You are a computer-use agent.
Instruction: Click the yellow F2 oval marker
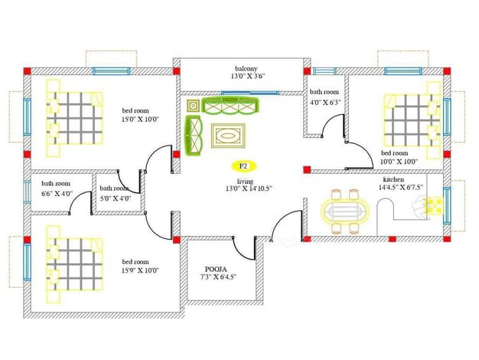coord(243,166)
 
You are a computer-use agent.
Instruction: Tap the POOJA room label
coord(216,270)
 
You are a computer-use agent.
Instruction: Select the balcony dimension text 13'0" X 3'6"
coord(247,76)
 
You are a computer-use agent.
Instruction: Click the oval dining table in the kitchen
coord(345,211)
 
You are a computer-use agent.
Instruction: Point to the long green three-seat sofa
coord(230,106)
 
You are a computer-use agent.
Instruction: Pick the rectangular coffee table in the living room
coord(228,136)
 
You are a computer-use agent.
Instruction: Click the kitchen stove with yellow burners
coord(435,205)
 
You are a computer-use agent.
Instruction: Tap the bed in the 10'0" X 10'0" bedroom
coord(412,120)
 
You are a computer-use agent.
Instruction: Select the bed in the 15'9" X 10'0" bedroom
coord(74,264)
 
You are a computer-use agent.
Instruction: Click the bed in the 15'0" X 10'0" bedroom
coord(74,119)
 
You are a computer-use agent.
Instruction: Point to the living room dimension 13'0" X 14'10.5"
coord(249,188)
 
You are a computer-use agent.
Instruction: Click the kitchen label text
coord(393,179)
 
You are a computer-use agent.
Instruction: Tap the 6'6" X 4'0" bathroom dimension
coord(57,194)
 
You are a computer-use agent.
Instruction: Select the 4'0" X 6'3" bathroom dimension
coord(325,102)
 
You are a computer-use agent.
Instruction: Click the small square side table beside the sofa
coord(193,106)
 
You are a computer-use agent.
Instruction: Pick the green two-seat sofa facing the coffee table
coord(194,135)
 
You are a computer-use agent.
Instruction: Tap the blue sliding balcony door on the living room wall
coord(250,93)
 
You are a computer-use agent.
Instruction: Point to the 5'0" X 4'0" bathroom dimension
coord(116,198)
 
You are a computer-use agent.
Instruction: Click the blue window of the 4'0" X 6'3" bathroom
coord(324,71)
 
